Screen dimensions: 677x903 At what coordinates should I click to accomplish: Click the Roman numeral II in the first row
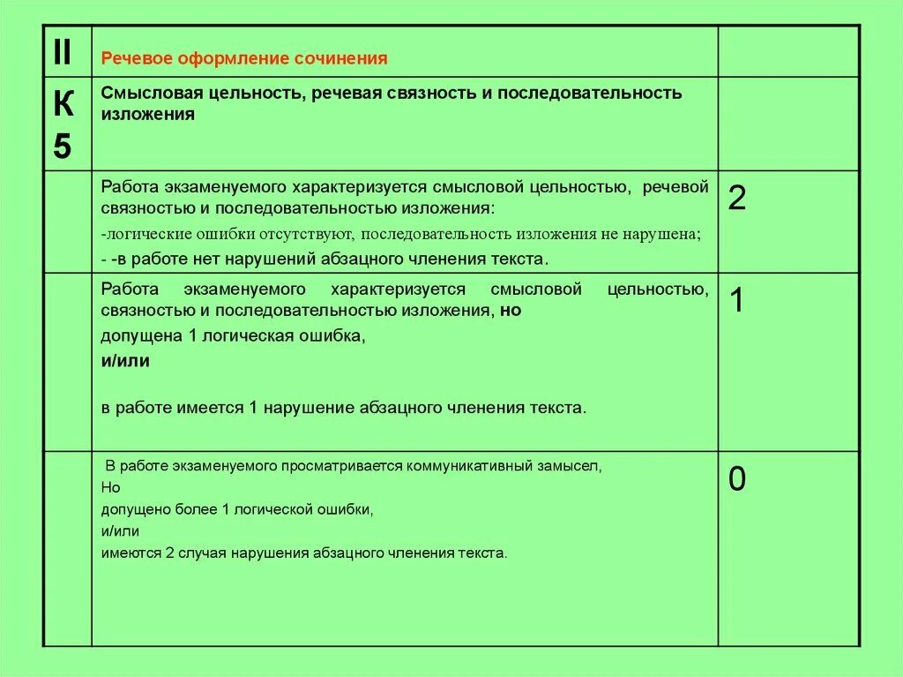click(x=62, y=53)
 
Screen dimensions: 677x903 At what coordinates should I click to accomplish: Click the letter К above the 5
click(x=63, y=105)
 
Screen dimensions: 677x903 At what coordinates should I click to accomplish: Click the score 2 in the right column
click(x=737, y=199)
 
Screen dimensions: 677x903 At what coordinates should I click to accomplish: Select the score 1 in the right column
click(x=737, y=302)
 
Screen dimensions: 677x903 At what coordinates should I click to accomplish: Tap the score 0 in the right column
click(x=737, y=479)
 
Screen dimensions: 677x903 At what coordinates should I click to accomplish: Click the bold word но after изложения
click(x=511, y=311)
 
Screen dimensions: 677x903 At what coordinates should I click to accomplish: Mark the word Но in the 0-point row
click(x=110, y=487)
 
